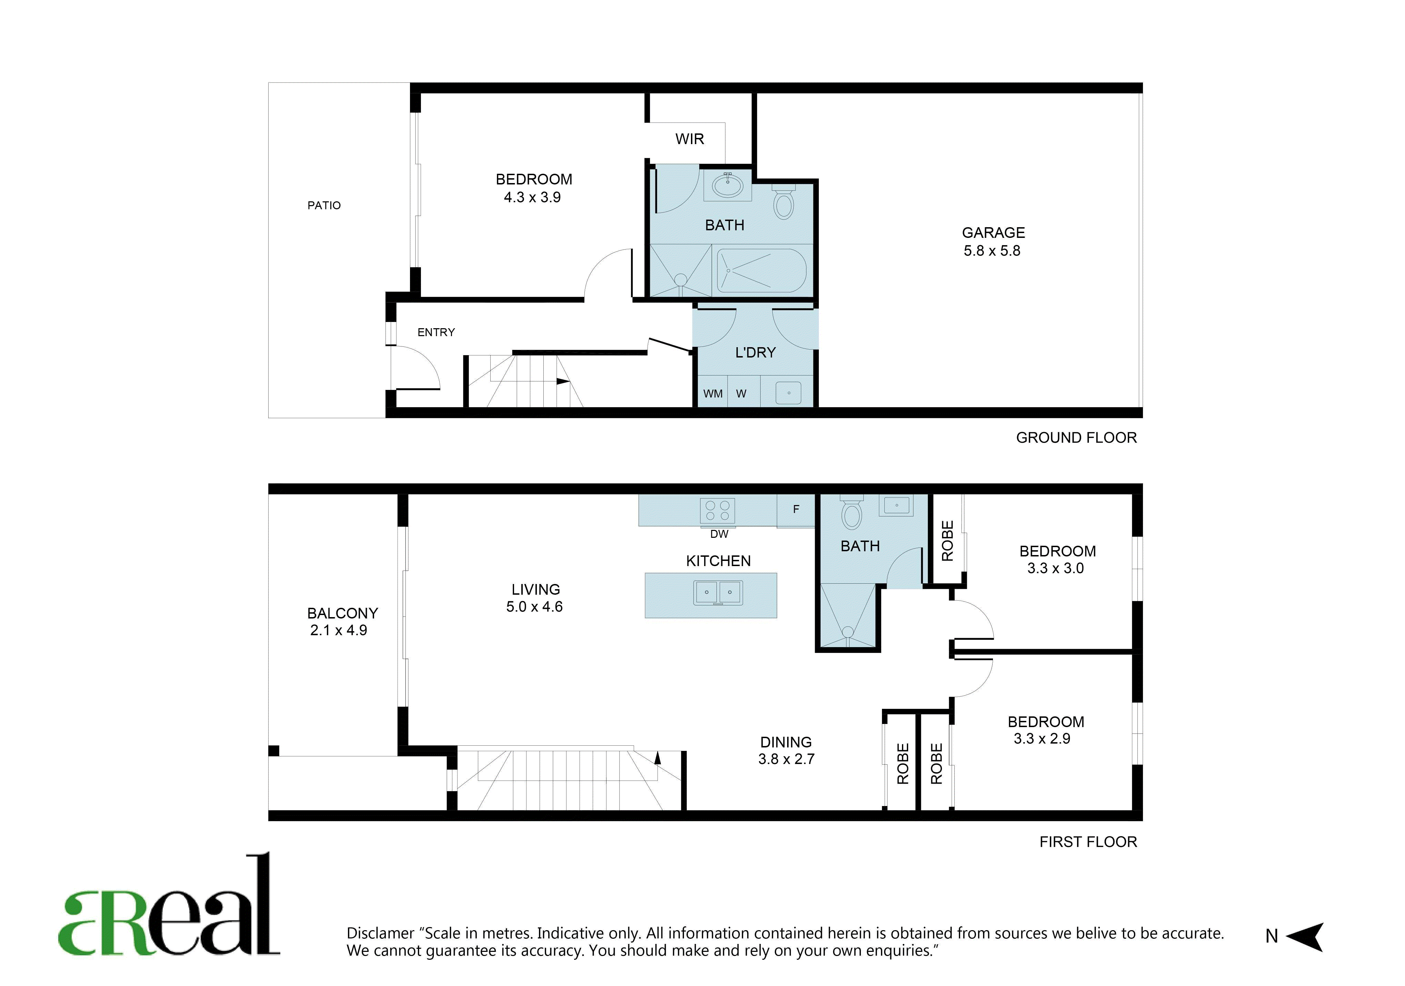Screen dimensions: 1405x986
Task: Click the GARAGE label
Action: (x=993, y=233)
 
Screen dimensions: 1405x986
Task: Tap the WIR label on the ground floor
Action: (x=690, y=139)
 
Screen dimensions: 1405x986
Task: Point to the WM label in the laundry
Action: (x=713, y=394)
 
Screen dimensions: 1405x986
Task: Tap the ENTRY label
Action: (x=436, y=332)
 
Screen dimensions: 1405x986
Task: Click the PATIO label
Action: (x=324, y=205)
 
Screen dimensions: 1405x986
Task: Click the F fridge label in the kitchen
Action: (x=796, y=509)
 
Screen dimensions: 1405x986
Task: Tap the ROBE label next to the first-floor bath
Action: (x=947, y=541)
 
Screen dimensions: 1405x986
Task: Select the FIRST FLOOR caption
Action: (x=1088, y=842)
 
